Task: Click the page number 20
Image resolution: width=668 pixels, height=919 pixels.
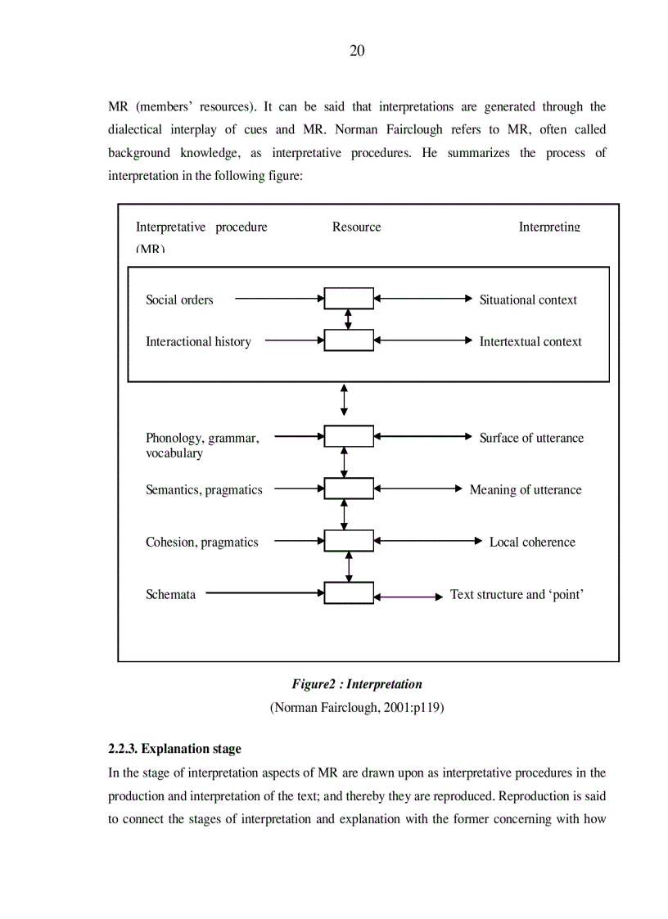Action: (x=357, y=51)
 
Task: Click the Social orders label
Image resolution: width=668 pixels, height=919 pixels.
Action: (x=179, y=300)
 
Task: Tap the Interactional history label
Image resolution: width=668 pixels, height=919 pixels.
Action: (x=198, y=341)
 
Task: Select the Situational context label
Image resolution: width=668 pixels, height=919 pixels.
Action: (x=528, y=300)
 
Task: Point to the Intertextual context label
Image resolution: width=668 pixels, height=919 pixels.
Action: (x=530, y=341)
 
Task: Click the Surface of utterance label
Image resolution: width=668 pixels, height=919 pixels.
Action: (x=531, y=438)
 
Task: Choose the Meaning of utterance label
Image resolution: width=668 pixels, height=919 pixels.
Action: (x=526, y=489)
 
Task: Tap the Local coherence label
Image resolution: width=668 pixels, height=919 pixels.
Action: (x=532, y=542)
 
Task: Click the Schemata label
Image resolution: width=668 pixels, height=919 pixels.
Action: (x=170, y=594)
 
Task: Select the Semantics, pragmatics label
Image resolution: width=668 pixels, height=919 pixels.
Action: (x=204, y=489)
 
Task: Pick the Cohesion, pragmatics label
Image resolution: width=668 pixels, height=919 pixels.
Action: (x=201, y=542)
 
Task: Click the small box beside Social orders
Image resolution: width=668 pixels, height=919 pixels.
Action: (x=349, y=299)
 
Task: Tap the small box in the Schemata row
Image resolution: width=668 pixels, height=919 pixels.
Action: (x=349, y=593)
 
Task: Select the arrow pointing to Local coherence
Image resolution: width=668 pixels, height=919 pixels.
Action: (x=427, y=541)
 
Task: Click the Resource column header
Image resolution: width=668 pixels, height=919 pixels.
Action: (x=356, y=227)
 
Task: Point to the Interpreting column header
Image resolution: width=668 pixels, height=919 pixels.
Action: (x=549, y=227)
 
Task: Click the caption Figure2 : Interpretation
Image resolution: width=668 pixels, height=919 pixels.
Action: (x=357, y=684)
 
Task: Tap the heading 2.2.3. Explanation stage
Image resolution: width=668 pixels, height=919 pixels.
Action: (x=174, y=749)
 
